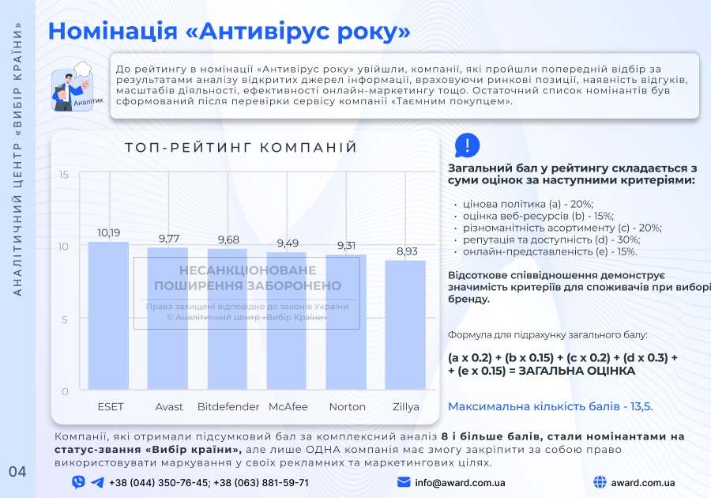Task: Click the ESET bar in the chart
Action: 108,316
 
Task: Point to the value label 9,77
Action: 168,238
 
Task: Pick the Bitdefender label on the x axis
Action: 228,407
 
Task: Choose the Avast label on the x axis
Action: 169,407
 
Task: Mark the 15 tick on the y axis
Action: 64,175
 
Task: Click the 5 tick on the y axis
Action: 66,319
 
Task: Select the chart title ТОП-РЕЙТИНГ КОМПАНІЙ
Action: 241,148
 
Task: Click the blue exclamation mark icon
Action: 467,145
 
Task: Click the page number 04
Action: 17,472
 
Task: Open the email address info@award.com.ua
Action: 460,482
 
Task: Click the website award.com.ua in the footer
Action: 642,482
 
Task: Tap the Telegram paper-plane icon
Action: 97,482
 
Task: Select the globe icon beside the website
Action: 599,482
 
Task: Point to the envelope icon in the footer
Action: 404,482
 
